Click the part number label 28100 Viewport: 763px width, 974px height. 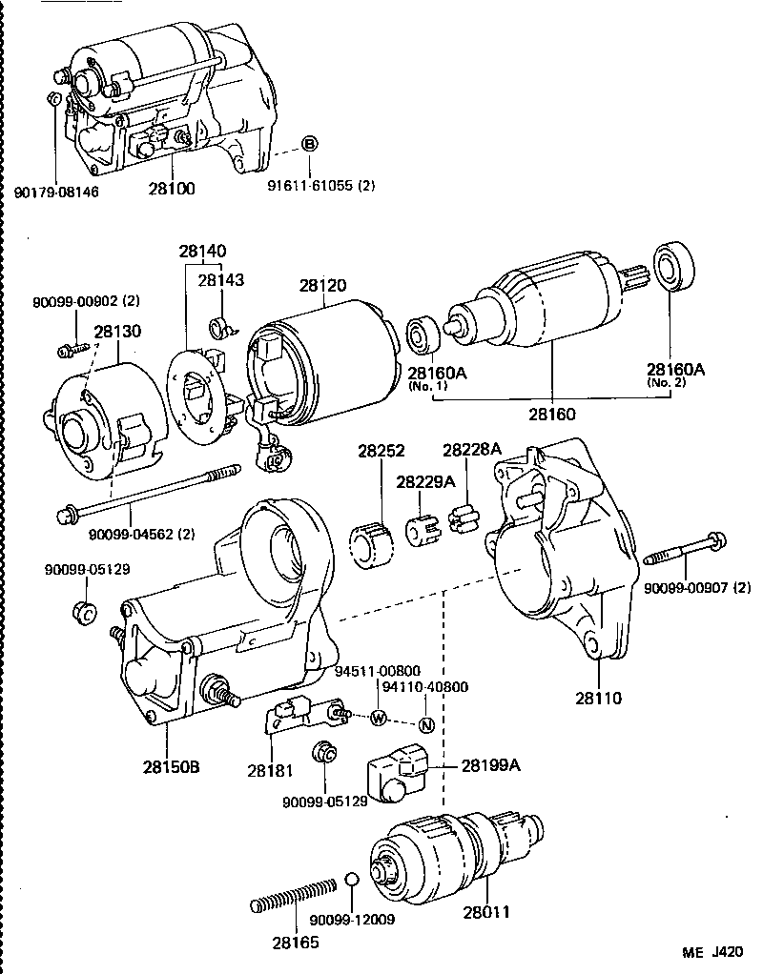pyautogui.click(x=172, y=190)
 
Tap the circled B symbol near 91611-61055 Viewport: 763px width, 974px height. pyautogui.click(x=310, y=144)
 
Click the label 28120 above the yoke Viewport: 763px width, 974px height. pyautogui.click(x=322, y=285)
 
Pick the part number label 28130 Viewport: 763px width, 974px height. pyautogui.click(x=116, y=331)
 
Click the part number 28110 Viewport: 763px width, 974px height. pyautogui.click(x=597, y=698)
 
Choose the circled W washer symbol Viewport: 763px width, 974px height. pyautogui.click(x=379, y=717)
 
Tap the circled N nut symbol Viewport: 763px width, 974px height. pyautogui.click(x=426, y=724)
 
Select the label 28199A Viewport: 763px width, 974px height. pyautogui.click(x=491, y=764)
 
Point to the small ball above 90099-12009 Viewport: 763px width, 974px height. pyautogui.click(x=352, y=879)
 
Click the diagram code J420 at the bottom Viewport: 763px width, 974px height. pyautogui.click(x=727, y=952)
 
